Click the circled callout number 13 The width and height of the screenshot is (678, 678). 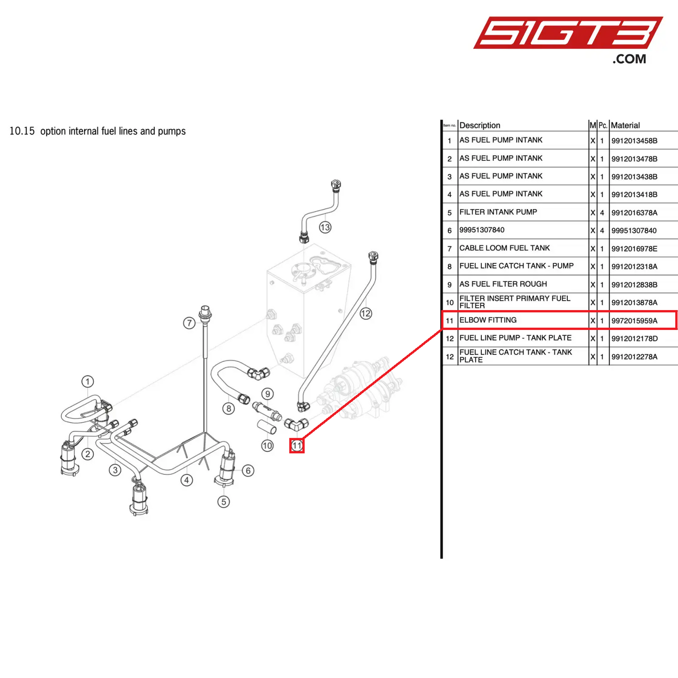325,228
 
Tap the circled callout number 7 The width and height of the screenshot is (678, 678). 189,323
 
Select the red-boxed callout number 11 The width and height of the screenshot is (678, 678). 297,445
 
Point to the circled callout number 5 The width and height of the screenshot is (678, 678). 223,502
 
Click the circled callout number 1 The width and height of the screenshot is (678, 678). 88,381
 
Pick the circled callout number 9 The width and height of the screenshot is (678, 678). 267,394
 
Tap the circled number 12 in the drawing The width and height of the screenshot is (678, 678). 366,313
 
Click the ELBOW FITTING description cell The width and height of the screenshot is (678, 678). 488,320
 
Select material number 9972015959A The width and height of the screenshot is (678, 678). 634,321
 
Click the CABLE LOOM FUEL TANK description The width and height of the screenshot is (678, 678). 504,248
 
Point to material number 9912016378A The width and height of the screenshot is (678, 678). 634,213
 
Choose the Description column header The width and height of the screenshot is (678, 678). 480,125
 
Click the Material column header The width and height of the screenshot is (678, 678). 625,125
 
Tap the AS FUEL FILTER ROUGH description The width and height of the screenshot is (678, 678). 503,284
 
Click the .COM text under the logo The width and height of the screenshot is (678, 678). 629,59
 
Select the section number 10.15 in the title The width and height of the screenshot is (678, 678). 22,131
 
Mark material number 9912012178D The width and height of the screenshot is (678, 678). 634,339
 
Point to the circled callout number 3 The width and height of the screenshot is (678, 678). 115,470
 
